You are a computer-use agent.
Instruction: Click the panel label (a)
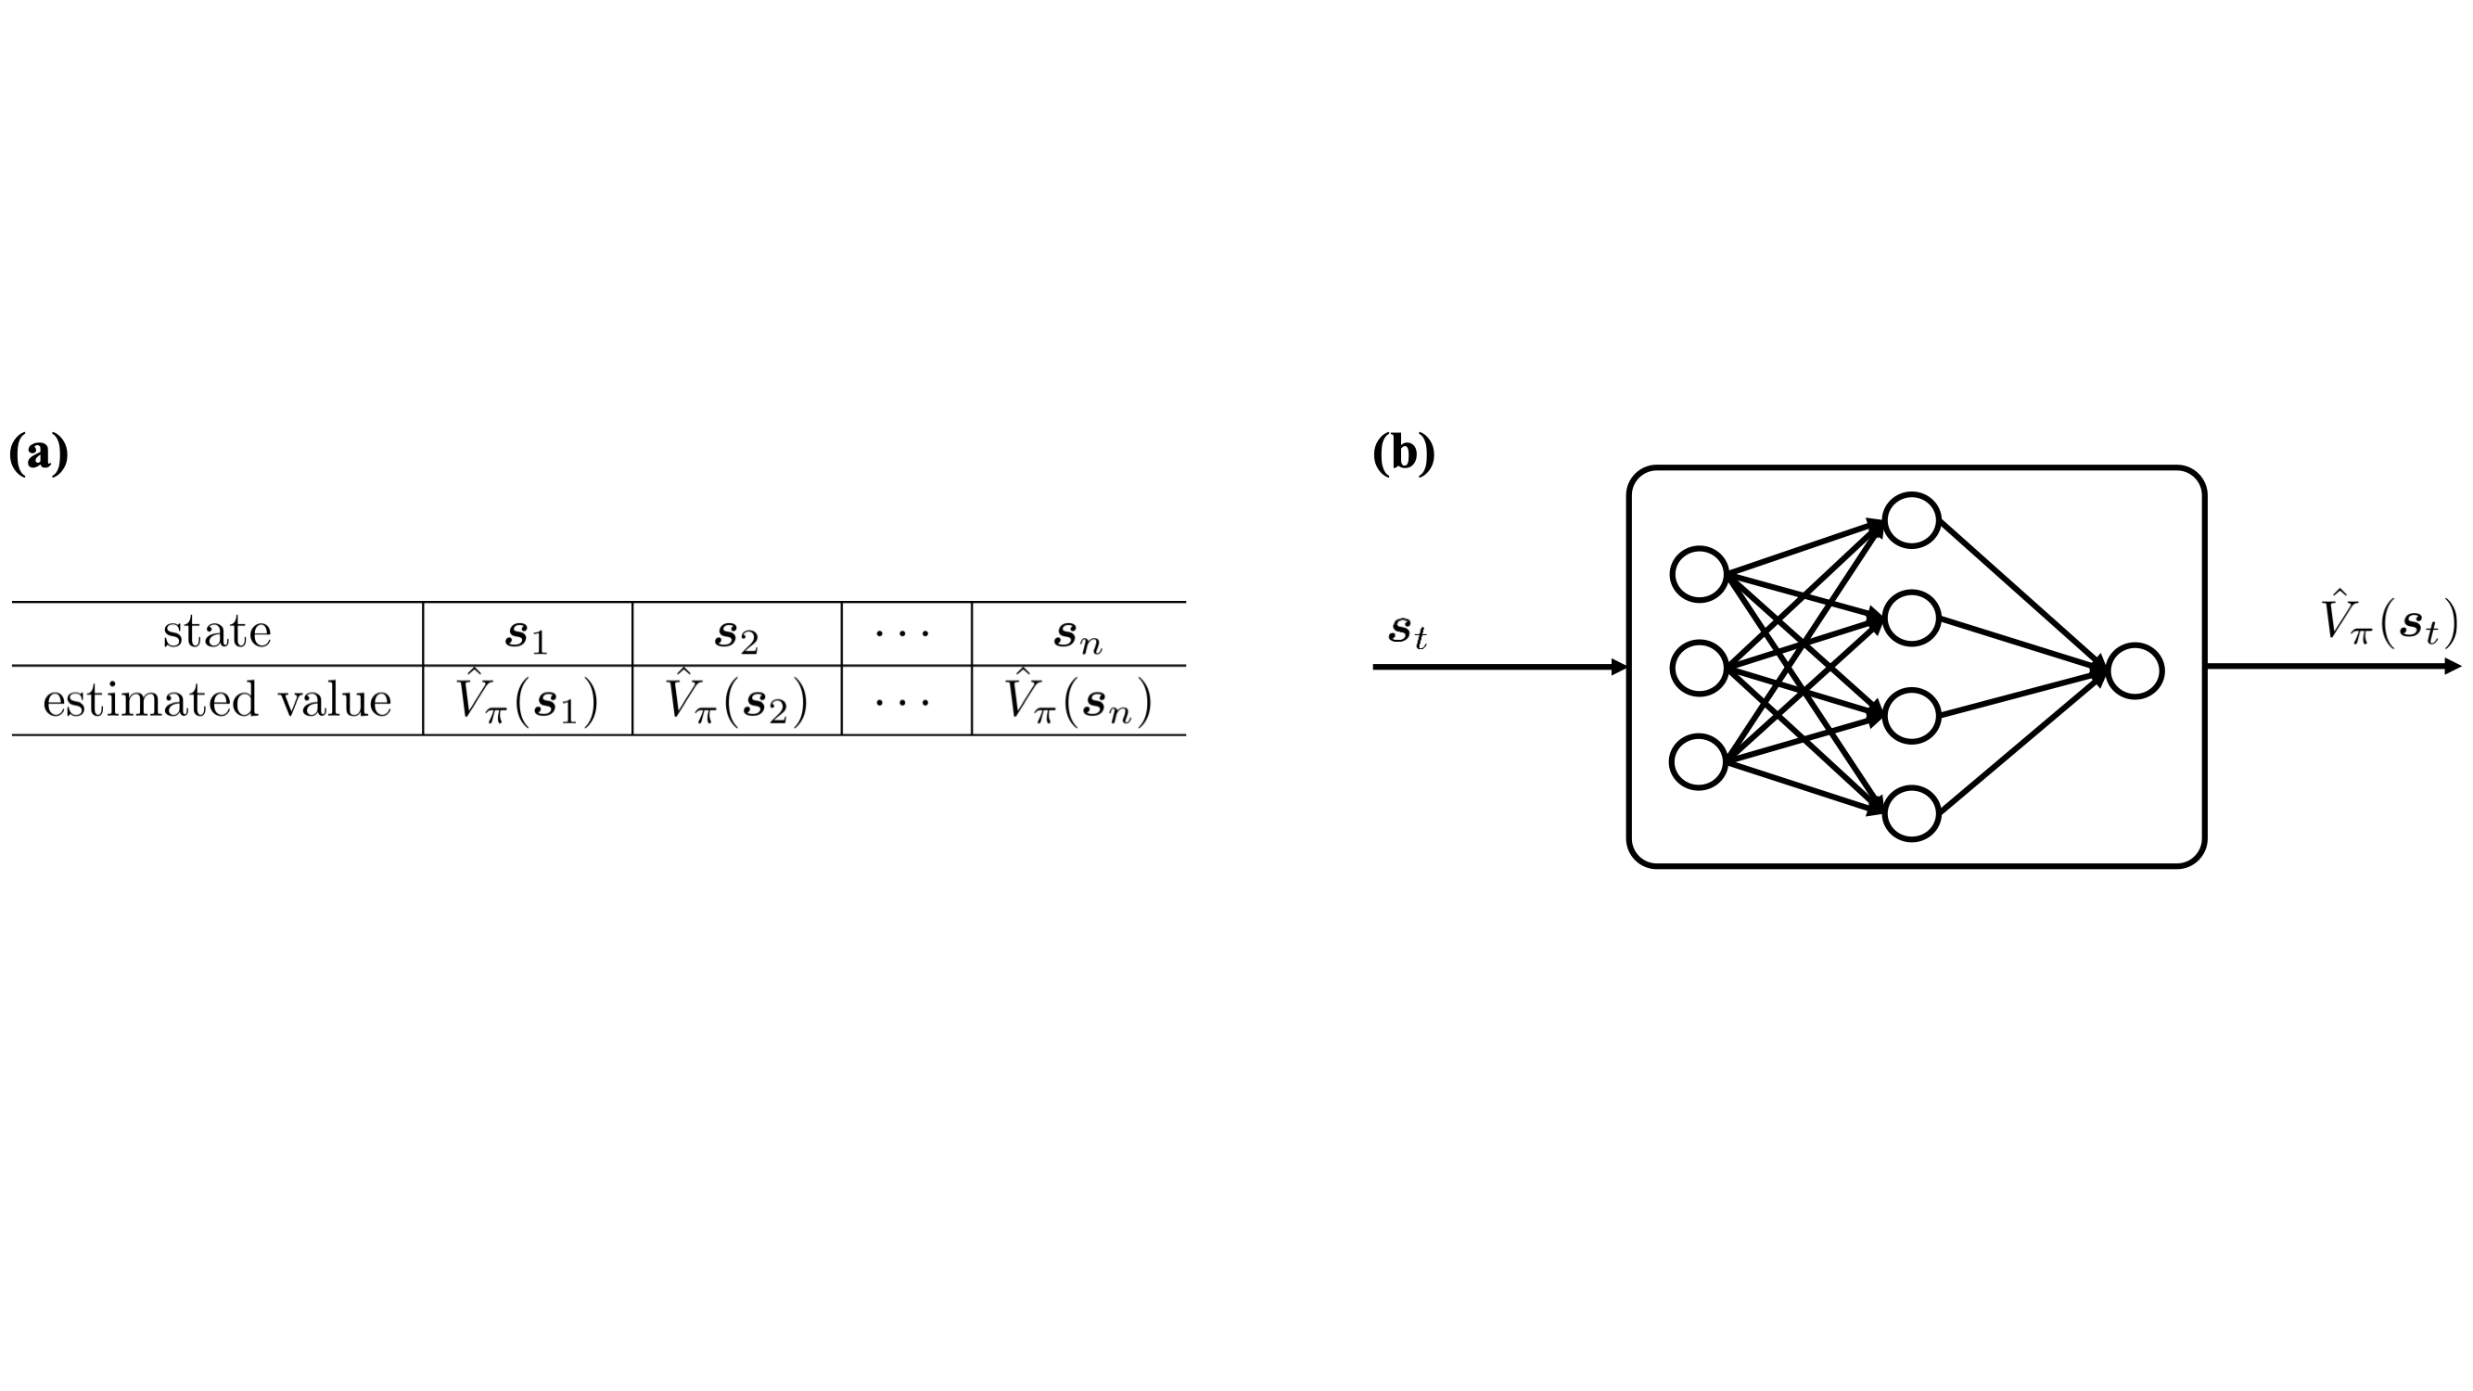tap(38, 453)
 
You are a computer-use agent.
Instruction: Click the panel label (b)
tap(1404, 453)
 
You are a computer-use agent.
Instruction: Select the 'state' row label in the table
tap(217, 632)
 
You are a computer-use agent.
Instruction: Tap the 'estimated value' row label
tap(217, 700)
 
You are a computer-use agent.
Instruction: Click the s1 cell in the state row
tap(526, 633)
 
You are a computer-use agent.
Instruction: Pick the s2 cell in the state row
tap(736, 633)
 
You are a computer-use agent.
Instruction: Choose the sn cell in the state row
tap(1078, 633)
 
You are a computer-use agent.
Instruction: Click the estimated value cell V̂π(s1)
tap(526, 700)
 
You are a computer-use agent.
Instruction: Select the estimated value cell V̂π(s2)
tap(736, 700)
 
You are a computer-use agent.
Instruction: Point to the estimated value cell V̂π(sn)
tap(1078, 700)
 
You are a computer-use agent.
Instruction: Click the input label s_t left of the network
tap(1408, 631)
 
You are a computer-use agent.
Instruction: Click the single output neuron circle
tap(2135, 671)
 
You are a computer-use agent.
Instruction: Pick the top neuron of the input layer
tap(1700, 574)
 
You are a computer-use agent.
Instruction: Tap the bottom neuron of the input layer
tap(1700, 761)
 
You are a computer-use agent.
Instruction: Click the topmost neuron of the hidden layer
tap(1912, 520)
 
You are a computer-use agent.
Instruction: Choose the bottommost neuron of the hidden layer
tap(1912, 813)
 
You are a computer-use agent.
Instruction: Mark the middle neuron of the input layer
tap(1700, 668)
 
